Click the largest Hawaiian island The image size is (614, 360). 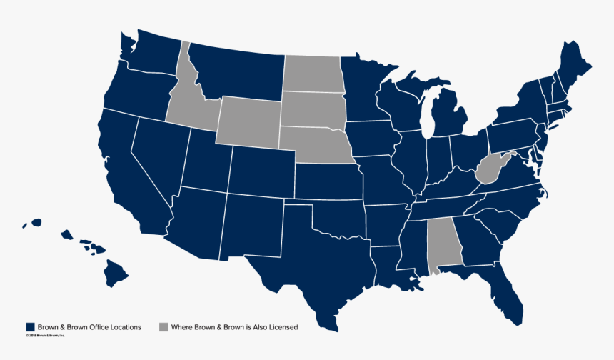[116, 271]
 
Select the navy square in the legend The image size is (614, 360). [31, 327]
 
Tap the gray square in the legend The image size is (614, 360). [163, 327]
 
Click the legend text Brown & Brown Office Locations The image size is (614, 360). [89, 327]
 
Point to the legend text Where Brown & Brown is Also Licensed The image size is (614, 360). [234, 327]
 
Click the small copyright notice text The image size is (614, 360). [46, 335]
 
